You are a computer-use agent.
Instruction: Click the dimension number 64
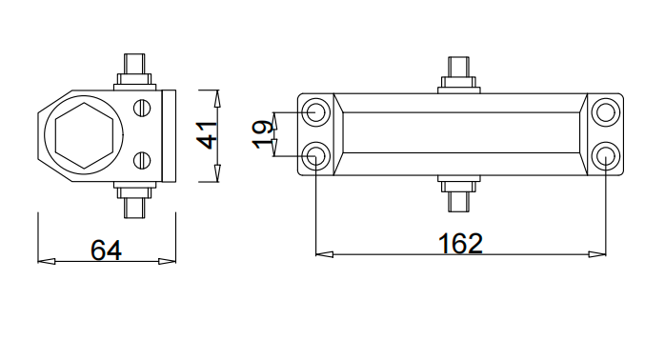tap(106, 250)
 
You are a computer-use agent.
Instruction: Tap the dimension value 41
tap(208, 135)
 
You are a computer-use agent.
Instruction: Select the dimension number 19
tap(262, 134)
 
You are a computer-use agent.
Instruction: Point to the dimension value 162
tap(460, 244)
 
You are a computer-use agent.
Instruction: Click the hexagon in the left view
tap(85, 135)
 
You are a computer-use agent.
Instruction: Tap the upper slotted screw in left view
tap(142, 108)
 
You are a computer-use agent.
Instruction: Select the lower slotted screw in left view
tap(142, 161)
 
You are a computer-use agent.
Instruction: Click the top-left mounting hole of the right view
tap(316, 112)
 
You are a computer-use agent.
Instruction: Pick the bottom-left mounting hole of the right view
tap(316, 156)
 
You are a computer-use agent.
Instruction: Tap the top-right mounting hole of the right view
tap(606, 112)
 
